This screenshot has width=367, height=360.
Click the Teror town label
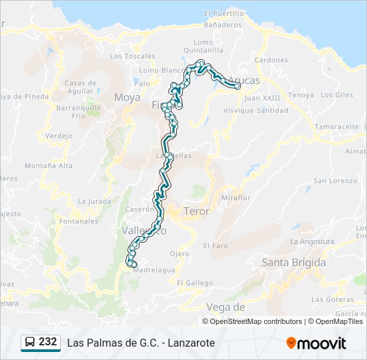tap(197, 211)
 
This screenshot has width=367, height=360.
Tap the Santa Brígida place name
tap(294, 263)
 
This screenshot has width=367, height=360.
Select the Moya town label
tap(127, 97)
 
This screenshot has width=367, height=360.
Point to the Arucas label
tap(244, 81)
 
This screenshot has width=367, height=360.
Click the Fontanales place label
tap(79, 221)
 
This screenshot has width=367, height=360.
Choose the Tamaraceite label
tap(337, 126)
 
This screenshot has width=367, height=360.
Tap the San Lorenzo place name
tap(336, 181)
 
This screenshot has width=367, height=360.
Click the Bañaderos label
tap(223, 25)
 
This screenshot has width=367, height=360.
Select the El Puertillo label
tap(224, 13)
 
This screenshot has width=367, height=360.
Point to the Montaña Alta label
tap(49, 165)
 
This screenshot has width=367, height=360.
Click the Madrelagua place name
tap(154, 270)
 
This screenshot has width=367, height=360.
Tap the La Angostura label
tap(312, 241)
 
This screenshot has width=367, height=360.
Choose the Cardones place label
tap(271, 59)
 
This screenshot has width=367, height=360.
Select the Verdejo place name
tap(59, 136)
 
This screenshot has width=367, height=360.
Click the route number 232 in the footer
tap(48, 341)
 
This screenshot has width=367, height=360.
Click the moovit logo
tap(316, 343)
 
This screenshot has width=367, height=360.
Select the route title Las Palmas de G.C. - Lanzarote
tap(141, 343)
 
